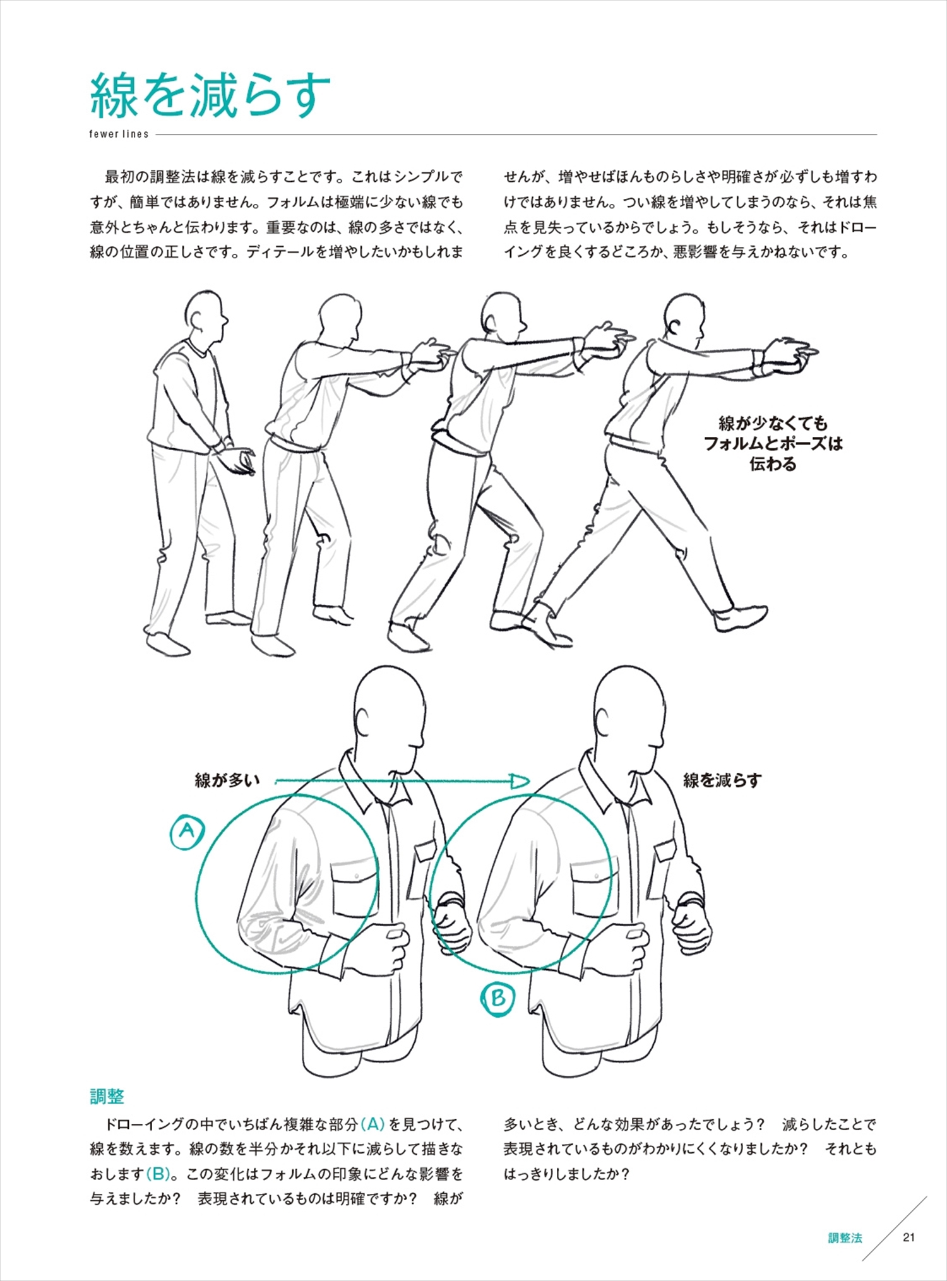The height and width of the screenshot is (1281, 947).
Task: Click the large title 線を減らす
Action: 210,95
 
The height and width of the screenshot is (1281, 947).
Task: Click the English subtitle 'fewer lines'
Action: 119,134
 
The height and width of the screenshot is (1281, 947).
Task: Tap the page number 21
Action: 908,1237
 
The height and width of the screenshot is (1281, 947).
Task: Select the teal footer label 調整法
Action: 845,1237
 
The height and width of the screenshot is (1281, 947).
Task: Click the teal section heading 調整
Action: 107,1096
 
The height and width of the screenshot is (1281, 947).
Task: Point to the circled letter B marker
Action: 497,998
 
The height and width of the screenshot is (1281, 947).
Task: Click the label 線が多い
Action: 227,781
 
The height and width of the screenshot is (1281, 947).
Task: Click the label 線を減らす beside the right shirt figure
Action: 722,781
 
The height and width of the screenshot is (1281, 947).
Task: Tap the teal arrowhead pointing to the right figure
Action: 520,782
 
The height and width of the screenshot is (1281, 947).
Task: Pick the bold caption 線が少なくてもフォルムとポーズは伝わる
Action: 773,444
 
